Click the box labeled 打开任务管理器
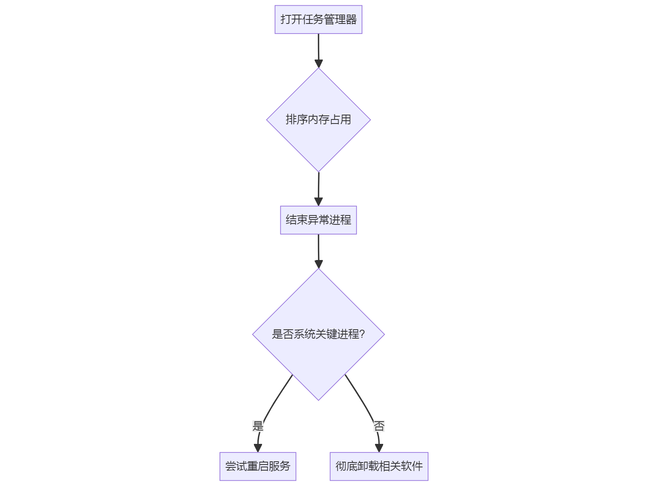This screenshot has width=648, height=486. coord(318,19)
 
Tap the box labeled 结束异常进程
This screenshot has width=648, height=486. coord(318,220)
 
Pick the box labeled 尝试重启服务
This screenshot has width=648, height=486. coord(258,466)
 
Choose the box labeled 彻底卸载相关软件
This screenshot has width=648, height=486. coord(379,466)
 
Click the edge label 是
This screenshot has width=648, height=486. coord(258,426)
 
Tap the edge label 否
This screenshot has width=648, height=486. coord(379,426)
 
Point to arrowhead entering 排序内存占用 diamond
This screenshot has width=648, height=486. coord(318,64)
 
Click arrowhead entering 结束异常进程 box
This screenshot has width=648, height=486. coord(318,202)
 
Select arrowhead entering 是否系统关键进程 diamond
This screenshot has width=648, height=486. coord(318,264)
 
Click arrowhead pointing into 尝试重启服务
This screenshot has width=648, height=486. coord(258,448)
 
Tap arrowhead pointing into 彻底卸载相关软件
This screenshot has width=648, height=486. coord(379,448)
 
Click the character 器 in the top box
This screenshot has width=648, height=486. coord(351,19)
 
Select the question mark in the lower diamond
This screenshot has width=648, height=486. coord(362,334)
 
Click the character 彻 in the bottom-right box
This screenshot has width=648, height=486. coord(341,466)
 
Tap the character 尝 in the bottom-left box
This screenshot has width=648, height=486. coord(230,466)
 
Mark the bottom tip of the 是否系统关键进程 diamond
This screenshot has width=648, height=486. coord(318,400)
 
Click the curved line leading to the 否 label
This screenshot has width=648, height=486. coord(360,397)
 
